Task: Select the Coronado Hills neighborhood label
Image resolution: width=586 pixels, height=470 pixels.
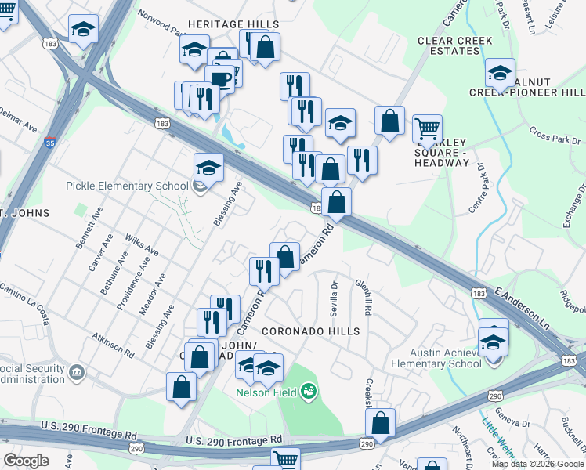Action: click(311, 331)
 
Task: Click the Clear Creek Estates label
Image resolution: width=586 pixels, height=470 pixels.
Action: click(454, 45)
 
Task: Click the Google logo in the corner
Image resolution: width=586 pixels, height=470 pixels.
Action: click(27, 461)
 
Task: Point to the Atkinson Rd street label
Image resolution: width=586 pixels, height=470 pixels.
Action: click(107, 342)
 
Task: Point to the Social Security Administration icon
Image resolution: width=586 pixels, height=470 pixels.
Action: click(77, 370)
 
